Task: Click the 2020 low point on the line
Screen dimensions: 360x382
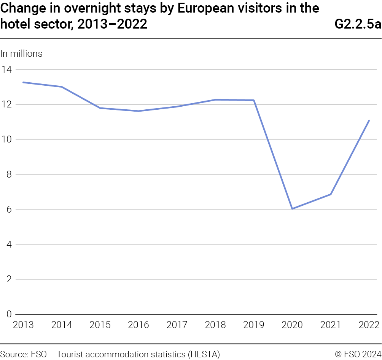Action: point(292,209)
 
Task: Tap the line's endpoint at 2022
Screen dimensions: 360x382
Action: point(369,121)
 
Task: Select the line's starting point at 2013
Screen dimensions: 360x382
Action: point(23,82)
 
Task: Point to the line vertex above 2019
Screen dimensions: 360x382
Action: point(254,100)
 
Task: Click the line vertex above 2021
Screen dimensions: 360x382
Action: point(331,194)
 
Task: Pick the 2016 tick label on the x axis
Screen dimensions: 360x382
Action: point(138,325)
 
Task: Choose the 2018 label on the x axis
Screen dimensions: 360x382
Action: point(215,325)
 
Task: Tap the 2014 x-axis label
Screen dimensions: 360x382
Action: point(62,325)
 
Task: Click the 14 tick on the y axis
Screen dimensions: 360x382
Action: point(6,69)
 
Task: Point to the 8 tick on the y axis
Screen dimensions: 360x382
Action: point(9,174)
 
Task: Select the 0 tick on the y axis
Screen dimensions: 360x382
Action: point(9,314)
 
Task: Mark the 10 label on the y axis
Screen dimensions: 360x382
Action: point(6,139)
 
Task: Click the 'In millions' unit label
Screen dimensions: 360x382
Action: point(21,54)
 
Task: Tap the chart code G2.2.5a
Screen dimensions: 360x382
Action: point(358,24)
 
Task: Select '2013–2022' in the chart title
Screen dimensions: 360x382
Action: point(112,24)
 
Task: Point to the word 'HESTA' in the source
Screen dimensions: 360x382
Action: point(203,354)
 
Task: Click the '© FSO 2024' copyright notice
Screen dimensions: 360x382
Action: point(358,354)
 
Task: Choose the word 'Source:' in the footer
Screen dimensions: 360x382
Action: point(14,354)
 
